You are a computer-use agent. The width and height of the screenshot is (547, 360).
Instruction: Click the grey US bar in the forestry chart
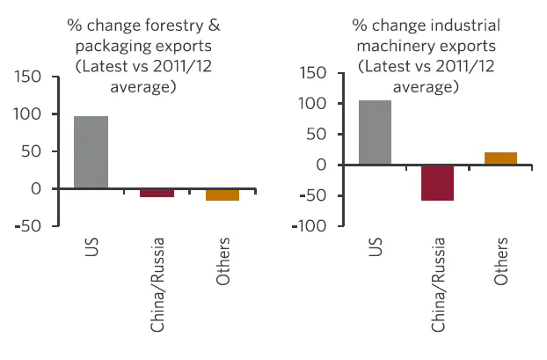click(91, 152)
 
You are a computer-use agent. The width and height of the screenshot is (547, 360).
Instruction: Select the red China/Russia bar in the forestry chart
click(157, 193)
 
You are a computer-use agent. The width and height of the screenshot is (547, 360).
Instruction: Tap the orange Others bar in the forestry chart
click(222, 195)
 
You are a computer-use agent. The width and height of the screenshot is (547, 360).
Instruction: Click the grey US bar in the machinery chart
click(375, 132)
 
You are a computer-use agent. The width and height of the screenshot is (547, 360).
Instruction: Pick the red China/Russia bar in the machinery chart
click(437, 183)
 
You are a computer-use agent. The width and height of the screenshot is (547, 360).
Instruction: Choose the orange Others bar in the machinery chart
click(500, 158)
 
